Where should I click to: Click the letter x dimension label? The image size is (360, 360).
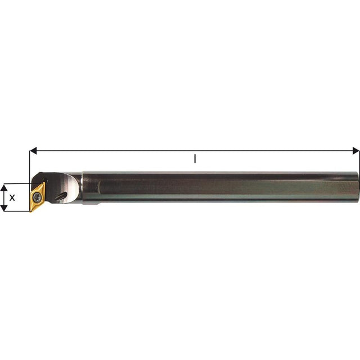[12, 197]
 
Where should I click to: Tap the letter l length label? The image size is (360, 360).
[195, 159]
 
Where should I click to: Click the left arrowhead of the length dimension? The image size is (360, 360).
[33, 151]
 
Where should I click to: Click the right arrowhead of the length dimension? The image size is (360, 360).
[356, 151]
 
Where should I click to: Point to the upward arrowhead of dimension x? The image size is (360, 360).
[4, 187]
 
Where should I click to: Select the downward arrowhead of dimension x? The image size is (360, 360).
[4, 208]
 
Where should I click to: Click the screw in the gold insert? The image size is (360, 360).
[37, 196]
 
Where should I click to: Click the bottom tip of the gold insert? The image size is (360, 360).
[30, 211]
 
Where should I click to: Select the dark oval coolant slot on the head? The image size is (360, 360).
[61, 196]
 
